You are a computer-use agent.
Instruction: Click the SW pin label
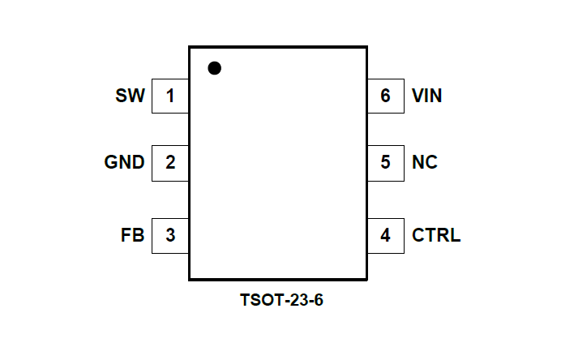[x=130, y=96]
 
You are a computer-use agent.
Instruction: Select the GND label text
[x=124, y=162]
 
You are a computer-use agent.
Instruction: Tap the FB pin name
[x=132, y=236]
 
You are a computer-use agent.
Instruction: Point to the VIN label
[x=426, y=96]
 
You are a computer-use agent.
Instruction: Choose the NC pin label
[x=424, y=162]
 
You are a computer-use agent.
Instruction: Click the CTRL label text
[x=436, y=236]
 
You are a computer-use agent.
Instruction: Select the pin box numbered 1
[x=170, y=96]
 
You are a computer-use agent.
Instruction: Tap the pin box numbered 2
[x=170, y=162]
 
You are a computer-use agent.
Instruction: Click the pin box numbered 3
[x=170, y=236]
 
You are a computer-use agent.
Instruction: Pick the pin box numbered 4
[x=385, y=236]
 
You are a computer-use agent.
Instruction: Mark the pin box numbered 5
[x=385, y=162]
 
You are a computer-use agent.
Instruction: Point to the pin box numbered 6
[x=385, y=96]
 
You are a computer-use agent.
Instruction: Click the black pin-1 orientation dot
[x=214, y=68]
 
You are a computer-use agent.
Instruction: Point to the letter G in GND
[x=112, y=162]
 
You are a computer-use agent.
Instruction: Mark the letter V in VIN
[x=417, y=96]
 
